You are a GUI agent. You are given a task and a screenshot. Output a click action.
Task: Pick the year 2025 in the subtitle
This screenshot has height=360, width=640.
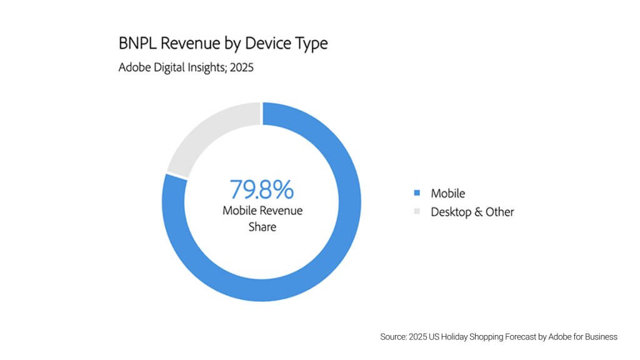tap(241, 67)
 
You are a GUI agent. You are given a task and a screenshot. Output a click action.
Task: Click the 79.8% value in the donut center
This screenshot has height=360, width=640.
tap(262, 189)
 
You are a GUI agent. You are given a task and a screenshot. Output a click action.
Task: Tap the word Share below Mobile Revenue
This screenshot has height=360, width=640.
tap(262, 227)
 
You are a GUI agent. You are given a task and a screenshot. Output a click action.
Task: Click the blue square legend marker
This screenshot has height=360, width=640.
tap(417, 193)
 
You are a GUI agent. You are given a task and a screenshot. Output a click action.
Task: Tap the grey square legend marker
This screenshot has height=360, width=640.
tap(417, 212)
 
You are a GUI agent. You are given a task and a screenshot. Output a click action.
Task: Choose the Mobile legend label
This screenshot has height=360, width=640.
tap(447, 193)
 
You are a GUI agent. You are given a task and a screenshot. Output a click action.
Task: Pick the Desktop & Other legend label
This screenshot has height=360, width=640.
tap(472, 212)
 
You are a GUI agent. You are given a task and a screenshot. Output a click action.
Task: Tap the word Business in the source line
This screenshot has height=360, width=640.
tap(600, 337)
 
